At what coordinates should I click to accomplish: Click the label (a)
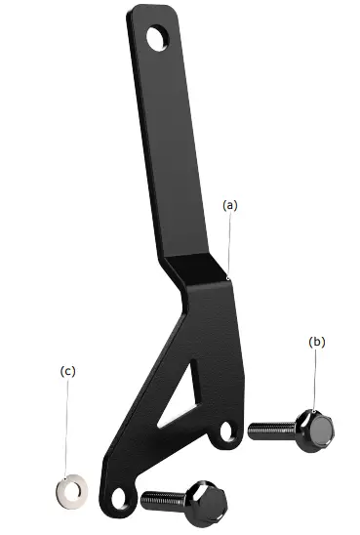(x=230, y=205)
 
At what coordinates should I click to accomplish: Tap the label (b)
(x=316, y=342)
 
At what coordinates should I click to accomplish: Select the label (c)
(x=67, y=371)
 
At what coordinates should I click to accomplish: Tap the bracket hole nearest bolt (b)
(x=226, y=430)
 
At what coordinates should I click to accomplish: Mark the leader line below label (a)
(x=230, y=244)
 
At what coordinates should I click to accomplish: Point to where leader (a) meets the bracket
(x=227, y=278)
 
